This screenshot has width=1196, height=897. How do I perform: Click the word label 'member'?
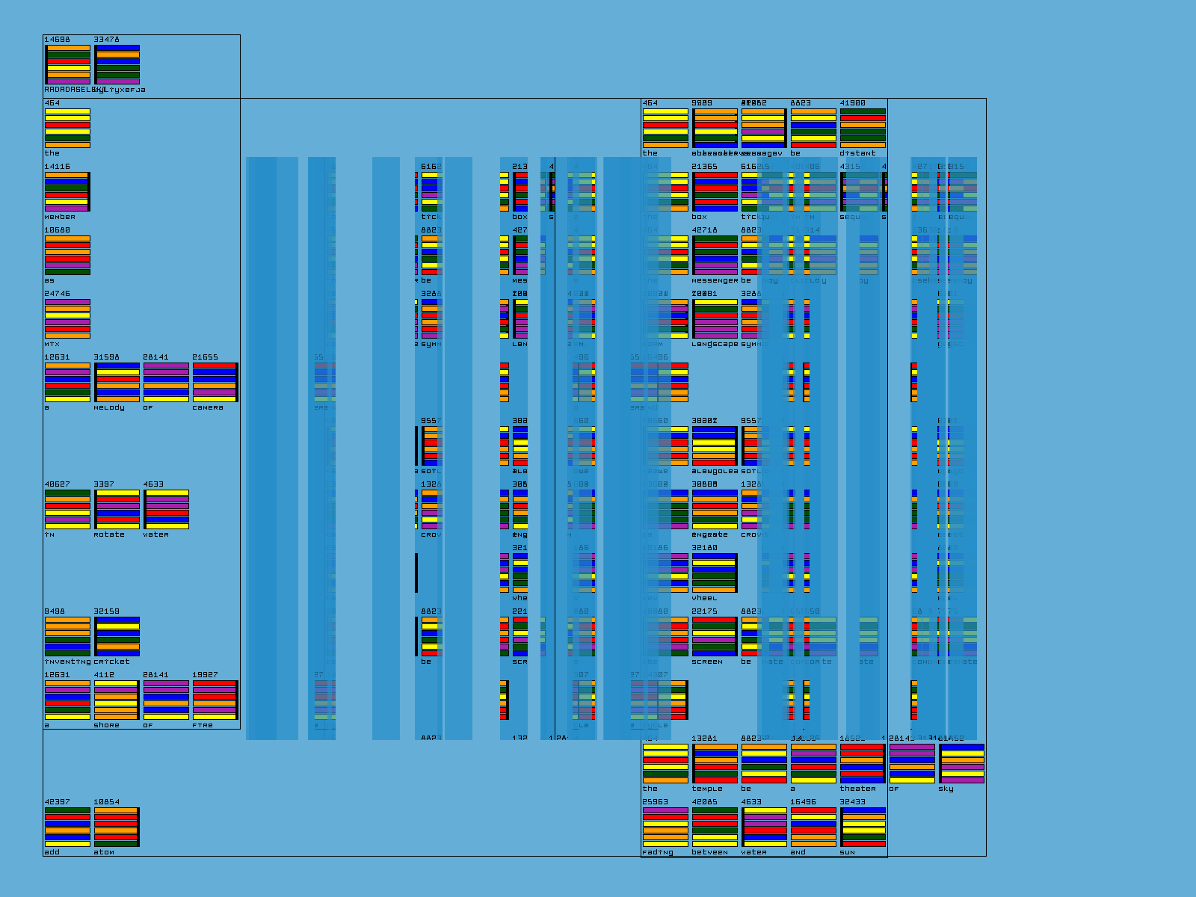(x=60, y=217)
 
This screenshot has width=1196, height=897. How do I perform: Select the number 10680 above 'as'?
(x=57, y=230)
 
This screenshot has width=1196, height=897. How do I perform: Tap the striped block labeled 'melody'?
(x=117, y=383)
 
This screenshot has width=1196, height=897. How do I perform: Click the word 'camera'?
(x=207, y=407)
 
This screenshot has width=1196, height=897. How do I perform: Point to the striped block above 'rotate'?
(x=117, y=510)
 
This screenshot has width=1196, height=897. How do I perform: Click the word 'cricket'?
(x=111, y=662)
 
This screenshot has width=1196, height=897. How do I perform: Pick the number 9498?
(x=54, y=611)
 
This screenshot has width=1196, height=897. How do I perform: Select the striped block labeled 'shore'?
(x=117, y=700)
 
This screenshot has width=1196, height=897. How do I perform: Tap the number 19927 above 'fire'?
(x=205, y=675)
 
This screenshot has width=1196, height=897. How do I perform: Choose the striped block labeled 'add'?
(x=67, y=827)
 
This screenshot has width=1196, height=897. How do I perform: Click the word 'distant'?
(x=857, y=153)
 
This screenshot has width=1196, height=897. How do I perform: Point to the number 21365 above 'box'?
(x=704, y=167)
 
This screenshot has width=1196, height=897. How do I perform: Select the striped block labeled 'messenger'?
(x=715, y=256)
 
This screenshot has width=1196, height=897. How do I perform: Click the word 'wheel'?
(x=704, y=598)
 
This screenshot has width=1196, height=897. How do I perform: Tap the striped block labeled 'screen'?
(x=715, y=637)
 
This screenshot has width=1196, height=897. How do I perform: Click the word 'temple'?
(x=707, y=789)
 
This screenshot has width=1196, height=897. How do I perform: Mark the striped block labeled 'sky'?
(x=961, y=764)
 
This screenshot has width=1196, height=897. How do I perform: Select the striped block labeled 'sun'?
(x=863, y=827)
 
